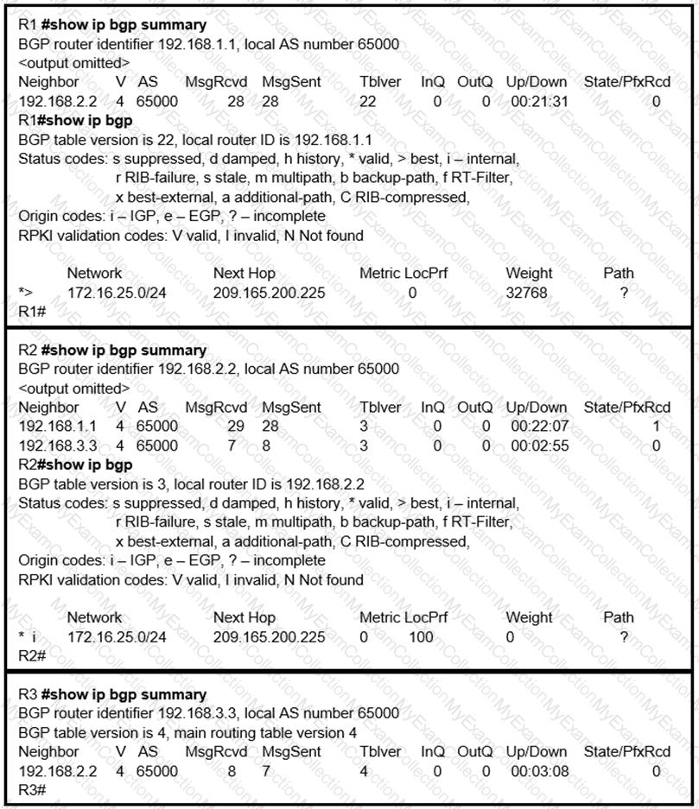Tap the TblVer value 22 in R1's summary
click(367, 101)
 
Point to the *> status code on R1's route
click(26, 293)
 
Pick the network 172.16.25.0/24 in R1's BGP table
click(118, 293)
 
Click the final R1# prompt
click(32, 312)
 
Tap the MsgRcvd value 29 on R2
click(235, 427)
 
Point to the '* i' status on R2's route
click(29, 637)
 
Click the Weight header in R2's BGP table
click(528, 617)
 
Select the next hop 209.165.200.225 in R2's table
click(270, 637)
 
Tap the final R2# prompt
click(32, 656)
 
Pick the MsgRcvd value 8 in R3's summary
click(232, 771)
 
